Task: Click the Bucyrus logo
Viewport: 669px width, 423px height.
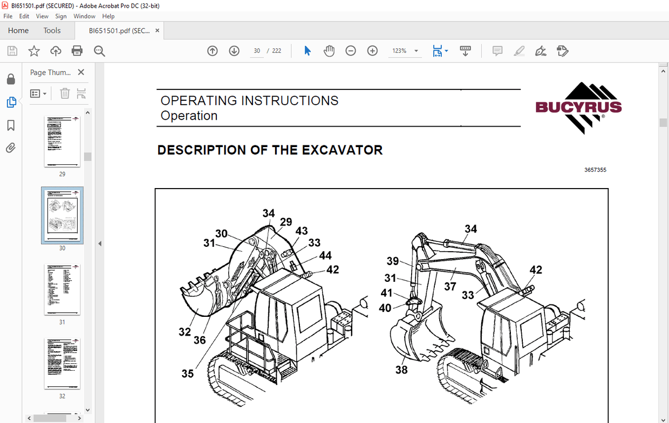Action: [x=578, y=107]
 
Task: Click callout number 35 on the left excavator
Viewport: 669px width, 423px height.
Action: [x=187, y=373]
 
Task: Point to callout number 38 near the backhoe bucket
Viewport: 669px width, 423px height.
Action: [x=401, y=370]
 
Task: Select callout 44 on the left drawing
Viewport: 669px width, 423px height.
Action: [x=325, y=255]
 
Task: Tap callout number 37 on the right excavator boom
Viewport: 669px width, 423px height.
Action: [x=450, y=286]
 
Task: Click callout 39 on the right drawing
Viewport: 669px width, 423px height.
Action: [x=393, y=261]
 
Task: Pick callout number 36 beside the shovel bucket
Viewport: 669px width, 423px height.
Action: [x=200, y=340]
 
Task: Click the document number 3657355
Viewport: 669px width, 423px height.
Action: [x=595, y=170]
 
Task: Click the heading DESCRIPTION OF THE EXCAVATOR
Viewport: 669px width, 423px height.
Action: [x=270, y=150]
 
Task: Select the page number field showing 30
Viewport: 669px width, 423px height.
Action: [x=257, y=51]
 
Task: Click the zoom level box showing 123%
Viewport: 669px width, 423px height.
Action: [x=399, y=51]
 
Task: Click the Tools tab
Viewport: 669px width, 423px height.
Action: [x=52, y=31]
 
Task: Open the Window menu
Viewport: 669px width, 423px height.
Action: [x=84, y=16]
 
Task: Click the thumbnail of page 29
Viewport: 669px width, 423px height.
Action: [x=62, y=141]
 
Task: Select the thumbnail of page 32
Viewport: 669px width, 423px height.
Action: [x=62, y=364]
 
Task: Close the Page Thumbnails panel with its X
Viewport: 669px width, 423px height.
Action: [x=81, y=72]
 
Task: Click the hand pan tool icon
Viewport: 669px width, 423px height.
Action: [x=329, y=51]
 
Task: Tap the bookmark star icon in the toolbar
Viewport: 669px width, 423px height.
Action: [x=34, y=51]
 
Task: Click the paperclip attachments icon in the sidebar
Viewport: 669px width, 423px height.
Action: [x=11, y=148]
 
